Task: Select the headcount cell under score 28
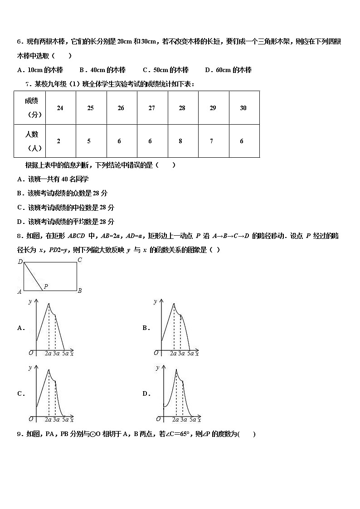coord(180,141)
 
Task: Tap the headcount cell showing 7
coord(211,141)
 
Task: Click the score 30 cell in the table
coord(243,108)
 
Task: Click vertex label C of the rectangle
coord(79,260)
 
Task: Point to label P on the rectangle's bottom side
coord(46,286)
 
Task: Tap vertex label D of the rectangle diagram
coord(20,262)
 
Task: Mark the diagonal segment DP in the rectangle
coord(33,276)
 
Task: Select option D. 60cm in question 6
coord(228,70)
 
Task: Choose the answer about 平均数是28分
coord(65,222)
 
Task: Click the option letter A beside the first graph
coord(20,328)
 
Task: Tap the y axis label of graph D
coord(158,368)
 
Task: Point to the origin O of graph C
coord(31,418)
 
